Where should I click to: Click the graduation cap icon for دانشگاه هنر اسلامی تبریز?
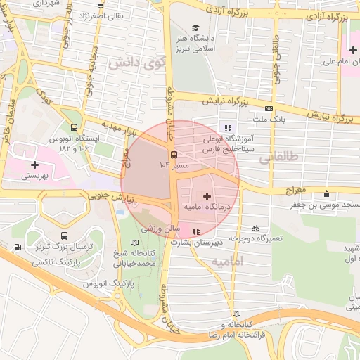(x=194, y=27)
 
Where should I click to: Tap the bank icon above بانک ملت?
(x=269, y=108)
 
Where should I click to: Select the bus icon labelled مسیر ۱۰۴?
(x=174, y=155)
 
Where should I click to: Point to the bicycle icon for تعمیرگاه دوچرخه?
(x=255, y=228)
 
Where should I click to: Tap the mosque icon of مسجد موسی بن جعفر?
(x=325, y=194)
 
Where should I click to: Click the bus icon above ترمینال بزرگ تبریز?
(x=65, y=236)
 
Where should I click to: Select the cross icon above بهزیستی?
(x=34, y=164)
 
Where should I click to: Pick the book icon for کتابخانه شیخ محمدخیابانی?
(x=135, y=243)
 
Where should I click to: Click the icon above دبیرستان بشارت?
(x=196, y=231)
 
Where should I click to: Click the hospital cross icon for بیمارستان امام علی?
(x=353, y=50)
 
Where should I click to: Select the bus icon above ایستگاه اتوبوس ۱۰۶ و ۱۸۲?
(x=75, y=127)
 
